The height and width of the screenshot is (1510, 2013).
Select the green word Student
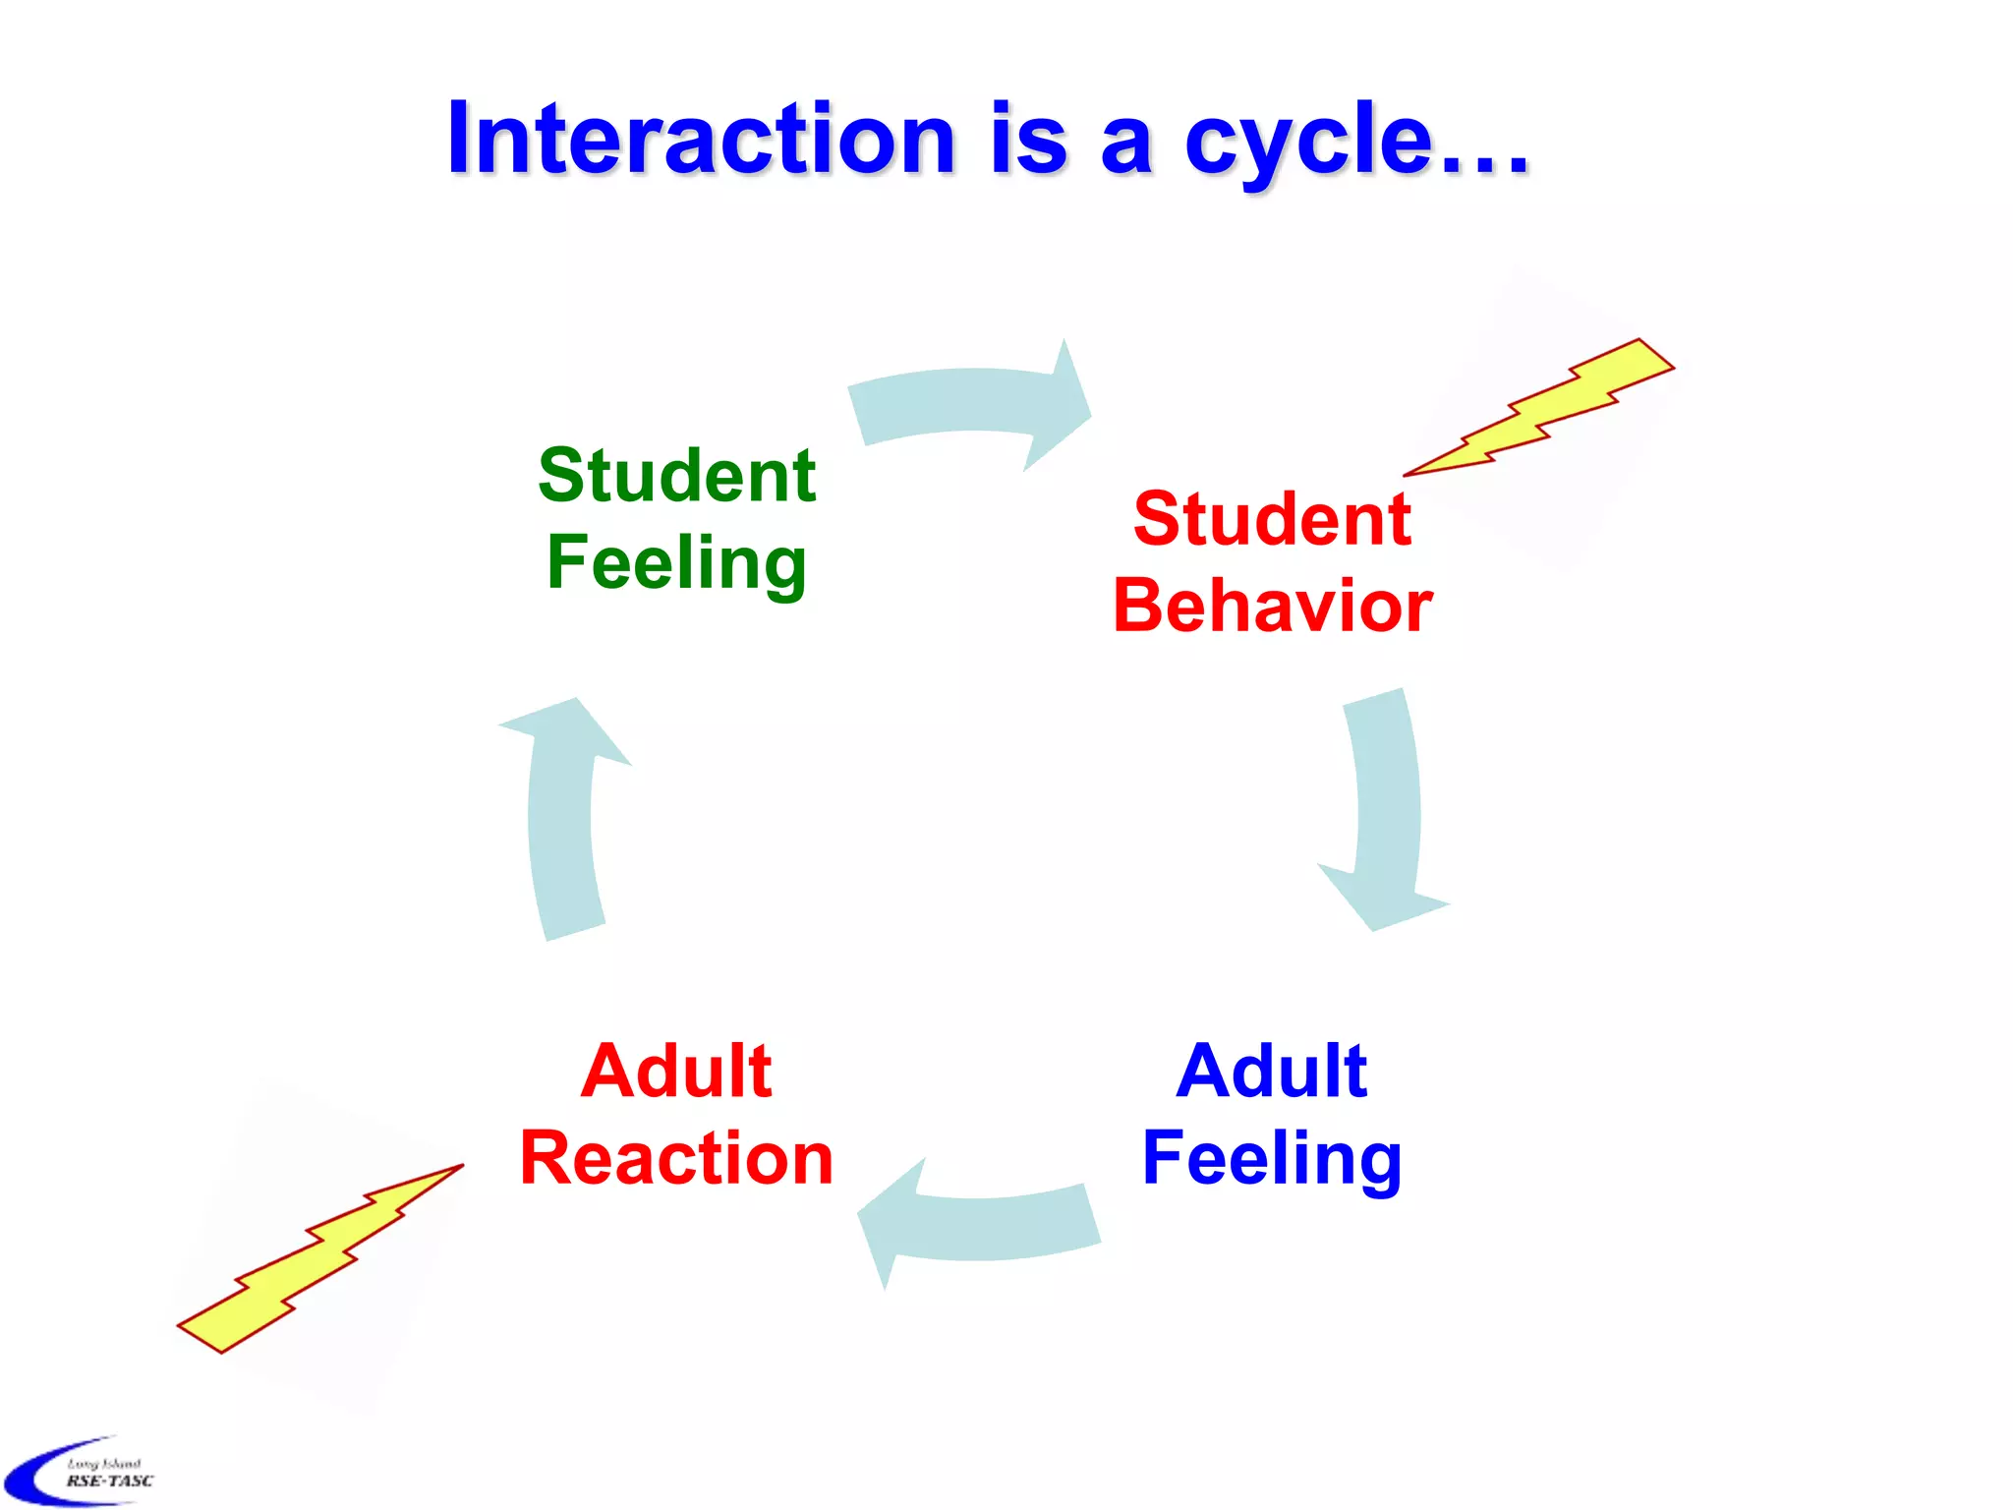click(676, 475)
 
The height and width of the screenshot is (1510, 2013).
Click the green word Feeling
click(676, 563)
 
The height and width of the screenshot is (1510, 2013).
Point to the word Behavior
click(1272, 606)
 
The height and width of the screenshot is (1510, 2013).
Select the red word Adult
click(676, 1071)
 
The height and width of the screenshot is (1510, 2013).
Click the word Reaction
click(676, 1158)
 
